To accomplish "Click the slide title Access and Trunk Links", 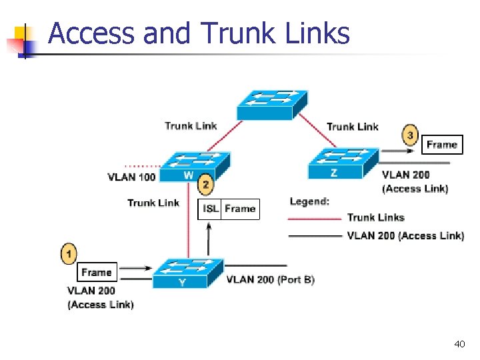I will click(x=199, y=33).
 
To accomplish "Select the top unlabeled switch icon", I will click(x=272, y=103).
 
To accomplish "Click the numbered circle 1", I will click(x=69, y=253).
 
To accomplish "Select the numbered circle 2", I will click(x=206, y=185).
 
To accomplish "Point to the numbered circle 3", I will click(x=410, y=135).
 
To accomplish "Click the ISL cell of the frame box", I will click(x=211, y=209).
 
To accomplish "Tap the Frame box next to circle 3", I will click(x=442, y=145).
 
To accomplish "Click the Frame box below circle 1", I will click(x=97, y=272).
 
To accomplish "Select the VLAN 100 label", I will click(x=131, y=177).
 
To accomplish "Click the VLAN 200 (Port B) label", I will click(x=270, y=279).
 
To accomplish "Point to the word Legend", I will click(x=309, y=201).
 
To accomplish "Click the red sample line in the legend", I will click(x=314, y=218).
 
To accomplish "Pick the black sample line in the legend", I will click(x=314, y=235).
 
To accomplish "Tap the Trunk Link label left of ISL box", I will click(x=153, y=203).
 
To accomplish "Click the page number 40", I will click(x=459, y=344).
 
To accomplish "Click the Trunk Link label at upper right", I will click(x=352, y=127).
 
